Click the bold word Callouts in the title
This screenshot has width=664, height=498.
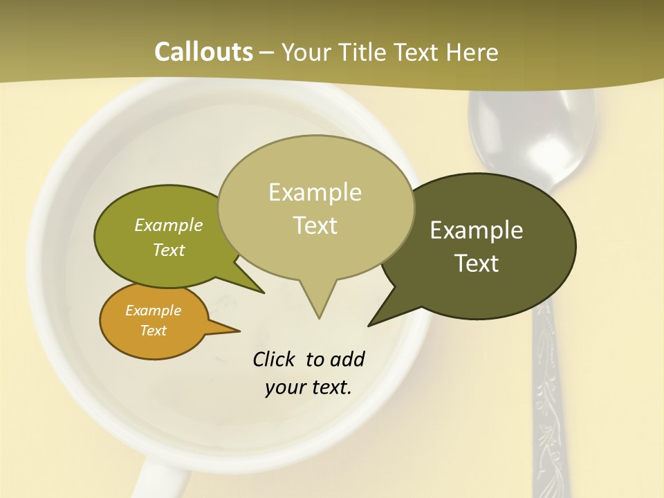pos(203,52)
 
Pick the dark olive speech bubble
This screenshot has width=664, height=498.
pos(484,246)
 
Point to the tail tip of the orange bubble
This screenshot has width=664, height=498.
pos(239,331)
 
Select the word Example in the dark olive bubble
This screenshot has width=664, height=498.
pos(477,230)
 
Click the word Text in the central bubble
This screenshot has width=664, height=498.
pos(315,225)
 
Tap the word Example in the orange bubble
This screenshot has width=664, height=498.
pos(154,311)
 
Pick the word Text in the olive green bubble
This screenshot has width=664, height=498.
pos(169,250)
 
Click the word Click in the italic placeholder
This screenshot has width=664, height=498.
pos(275,359)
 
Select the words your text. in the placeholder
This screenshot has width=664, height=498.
pos(308,387)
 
